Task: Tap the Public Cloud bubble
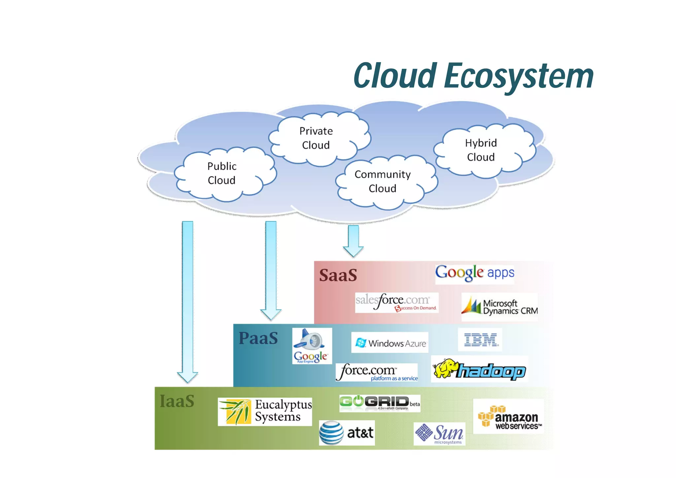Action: tap(222, 173)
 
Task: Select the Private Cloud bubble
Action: tap(316, 138)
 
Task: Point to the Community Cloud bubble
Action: tap(383, 181)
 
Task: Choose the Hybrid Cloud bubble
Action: tap(481, 150)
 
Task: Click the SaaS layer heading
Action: tap(338, 275)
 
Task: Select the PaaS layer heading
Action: tap(258, 338)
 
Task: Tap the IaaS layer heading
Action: tap(177, 401)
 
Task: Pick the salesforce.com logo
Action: tap(396, 302)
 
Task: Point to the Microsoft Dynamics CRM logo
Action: tap(499, 307)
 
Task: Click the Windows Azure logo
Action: tap(390, 343)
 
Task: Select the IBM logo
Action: tap(480, 340)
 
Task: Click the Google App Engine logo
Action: tap(312, 346)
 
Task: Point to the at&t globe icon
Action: tap(331, 433)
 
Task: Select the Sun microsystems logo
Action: tap(439, 434)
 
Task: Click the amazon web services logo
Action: tap(508, 417)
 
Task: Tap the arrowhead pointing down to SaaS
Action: tap(353, 251)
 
